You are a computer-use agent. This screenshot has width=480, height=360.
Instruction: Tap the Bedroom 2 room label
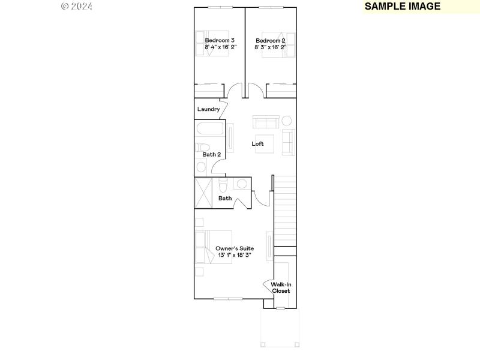click(270, 40)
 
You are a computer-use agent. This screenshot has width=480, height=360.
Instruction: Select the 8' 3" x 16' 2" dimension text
click(270, 47)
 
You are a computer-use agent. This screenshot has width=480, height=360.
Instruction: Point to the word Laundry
click(208, 109)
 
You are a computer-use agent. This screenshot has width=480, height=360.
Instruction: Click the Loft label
click(257, 144)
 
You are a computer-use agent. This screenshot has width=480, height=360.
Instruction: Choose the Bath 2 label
click(211, 155)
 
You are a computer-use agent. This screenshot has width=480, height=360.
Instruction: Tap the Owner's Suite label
click(235, 248)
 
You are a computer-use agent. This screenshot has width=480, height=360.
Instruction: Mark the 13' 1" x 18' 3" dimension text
click(235, 256)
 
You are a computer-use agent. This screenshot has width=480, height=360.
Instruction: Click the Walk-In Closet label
click(281, 287)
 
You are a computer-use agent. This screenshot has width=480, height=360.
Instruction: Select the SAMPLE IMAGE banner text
click(403, 7)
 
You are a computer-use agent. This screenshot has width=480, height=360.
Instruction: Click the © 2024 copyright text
click(77, 7)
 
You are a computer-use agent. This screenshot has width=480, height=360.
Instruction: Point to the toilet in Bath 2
click(203, 148)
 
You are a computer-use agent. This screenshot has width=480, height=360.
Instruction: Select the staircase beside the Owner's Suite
click(286, 210)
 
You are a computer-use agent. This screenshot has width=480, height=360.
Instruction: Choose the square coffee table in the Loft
click(265, 144)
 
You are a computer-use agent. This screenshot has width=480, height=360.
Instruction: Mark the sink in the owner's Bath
click(242, 184)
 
